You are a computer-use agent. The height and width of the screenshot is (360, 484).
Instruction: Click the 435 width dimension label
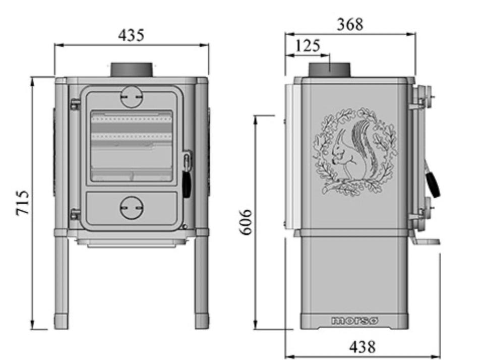tap(131, 35)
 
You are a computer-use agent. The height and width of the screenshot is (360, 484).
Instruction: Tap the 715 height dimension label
tap(23, 203)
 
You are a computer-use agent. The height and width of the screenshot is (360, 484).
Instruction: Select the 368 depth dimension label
tap(350, 24)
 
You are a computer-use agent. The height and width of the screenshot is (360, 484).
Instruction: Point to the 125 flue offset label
tap(308, 46)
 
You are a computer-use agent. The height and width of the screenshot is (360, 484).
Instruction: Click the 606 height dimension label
tap(247, 222)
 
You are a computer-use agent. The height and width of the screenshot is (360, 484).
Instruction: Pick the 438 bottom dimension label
tap(362, 347)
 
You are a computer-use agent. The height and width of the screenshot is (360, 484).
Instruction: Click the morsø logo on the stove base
tap(354, 321)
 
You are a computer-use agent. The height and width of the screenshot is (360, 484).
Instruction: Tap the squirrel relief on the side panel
tap(355, 152)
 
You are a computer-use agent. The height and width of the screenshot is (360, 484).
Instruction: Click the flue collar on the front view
tap(132, 70)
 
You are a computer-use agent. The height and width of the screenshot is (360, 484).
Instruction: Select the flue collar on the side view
tap(330, 70)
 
